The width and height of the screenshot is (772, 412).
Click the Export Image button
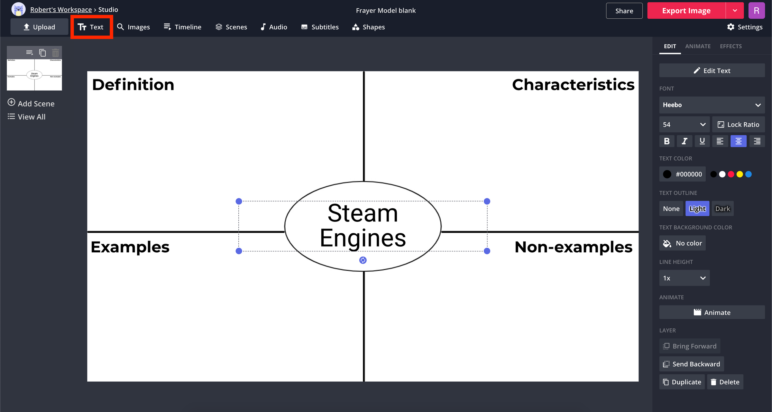tap(686, 11)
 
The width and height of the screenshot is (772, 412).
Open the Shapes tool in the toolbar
tap(369, 27)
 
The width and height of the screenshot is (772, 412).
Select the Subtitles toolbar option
tap(320, 27)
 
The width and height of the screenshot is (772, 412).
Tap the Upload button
tap(39, 27)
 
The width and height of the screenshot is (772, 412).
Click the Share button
tap(624, 11)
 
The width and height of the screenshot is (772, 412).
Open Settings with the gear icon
tap(744, 27)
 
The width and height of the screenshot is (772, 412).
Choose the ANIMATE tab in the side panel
tap(697, 46)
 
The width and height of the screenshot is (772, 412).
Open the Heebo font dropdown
tap(712, 105)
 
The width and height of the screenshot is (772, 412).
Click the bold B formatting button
tap(666, 141)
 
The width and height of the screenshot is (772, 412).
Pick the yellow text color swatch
tap(740, 174)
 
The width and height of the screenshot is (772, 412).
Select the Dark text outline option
tap(722, 209)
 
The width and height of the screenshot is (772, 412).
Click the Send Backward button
tap(691, 364)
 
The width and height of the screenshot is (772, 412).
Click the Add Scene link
tap(31, 103)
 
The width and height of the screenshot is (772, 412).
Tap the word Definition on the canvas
tap(133, 85)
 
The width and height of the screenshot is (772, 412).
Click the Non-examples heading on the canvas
tap(573, 247)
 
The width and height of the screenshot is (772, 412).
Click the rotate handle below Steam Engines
tap(363, 260)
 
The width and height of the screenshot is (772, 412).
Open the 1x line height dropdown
tap(684, 278)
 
